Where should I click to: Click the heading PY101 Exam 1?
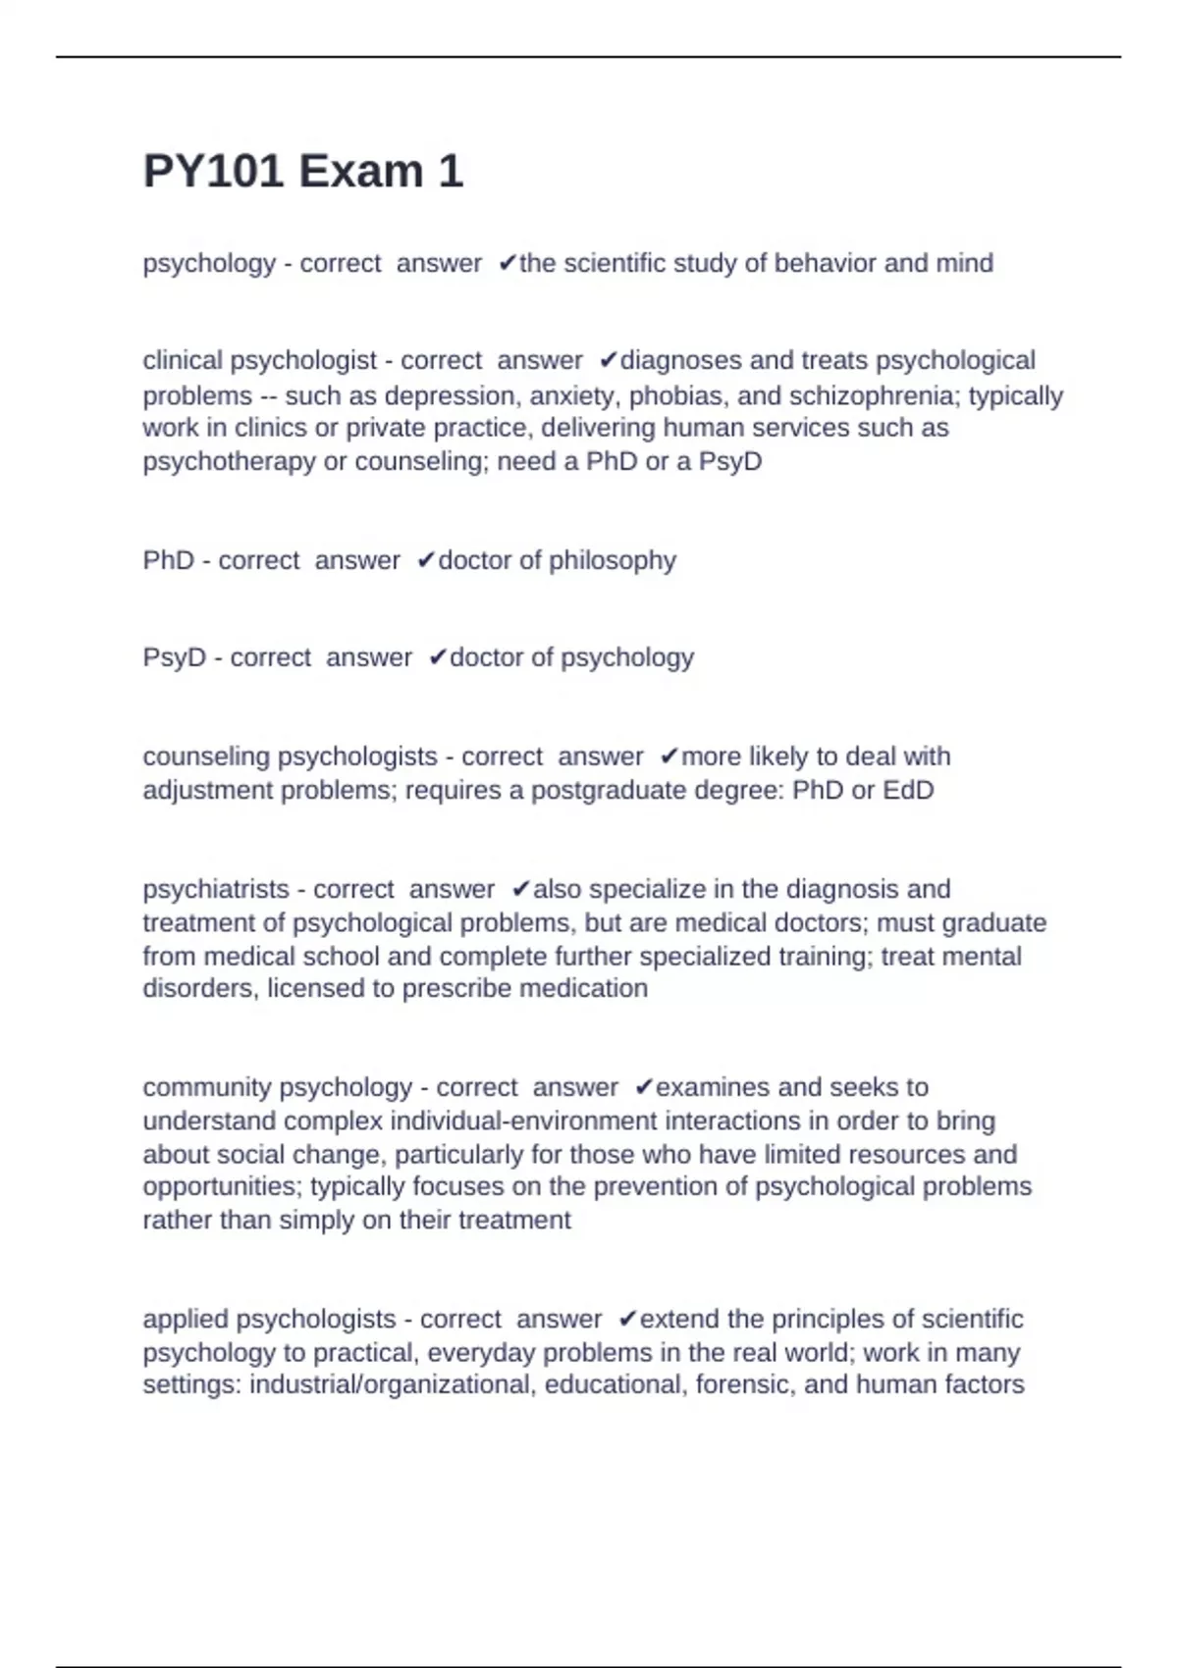tap(302, 172)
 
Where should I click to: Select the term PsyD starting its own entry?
tap(174, 657)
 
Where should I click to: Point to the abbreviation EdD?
tap(907, 790)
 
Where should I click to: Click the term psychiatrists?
tap(213, 889)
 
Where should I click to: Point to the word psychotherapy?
tap(229, 461)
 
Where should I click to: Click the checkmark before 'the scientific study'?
tap(507, 263)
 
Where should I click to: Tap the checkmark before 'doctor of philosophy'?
tap(425, 560)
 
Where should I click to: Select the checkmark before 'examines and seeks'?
tap(643, 1087)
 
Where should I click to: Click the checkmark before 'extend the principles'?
tap(629, 1319)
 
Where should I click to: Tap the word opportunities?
tap(222, 1186)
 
